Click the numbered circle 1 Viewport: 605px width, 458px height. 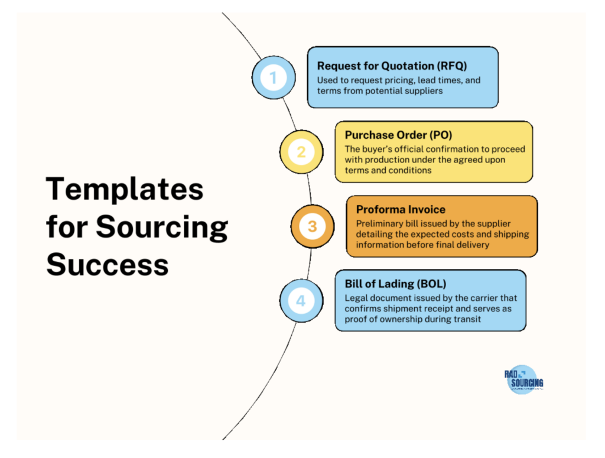pos(273,77)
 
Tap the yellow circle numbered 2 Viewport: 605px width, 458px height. pos(301,152)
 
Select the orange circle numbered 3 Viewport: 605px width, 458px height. pos(312,226)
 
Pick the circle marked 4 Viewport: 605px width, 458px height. pos(301,301)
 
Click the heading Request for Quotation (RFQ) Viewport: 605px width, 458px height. pos(392,66)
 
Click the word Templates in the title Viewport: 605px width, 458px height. pos(125,190)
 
